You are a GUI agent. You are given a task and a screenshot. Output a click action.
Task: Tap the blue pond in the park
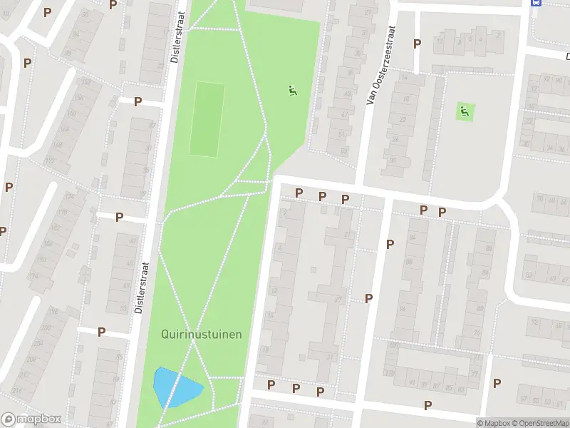pyautogui.click(x=176, y=388)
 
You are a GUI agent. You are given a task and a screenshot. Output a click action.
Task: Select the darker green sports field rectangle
pyautogui.click(x=207, y=119)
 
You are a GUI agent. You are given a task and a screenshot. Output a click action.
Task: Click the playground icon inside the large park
pyautogui.click(x=291, y=91)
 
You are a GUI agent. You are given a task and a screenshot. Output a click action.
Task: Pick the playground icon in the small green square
pyautogui.click(x=465, y=111)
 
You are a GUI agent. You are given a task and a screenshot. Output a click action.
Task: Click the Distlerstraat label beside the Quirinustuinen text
pyautogui.click(x=140, y=285)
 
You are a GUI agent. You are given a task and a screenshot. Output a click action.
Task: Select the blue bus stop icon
pyautogui.click(x=536, y=3)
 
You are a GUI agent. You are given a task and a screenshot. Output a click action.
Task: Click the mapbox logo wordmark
pyautogui.click(x=31, y=419)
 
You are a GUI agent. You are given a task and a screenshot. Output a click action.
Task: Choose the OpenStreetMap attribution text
pyautogui.click(x=539, y=423)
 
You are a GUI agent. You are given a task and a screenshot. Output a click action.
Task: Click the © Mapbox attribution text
pyautogui.click(x=494, y=423)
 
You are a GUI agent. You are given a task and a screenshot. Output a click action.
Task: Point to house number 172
pyautogui.click(x=49, y=161)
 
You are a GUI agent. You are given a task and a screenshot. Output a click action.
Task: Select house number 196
pyautogui.click(x=53, y=311)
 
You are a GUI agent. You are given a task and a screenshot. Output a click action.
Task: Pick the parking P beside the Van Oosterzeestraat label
pyautogui.click(x=417, y=44)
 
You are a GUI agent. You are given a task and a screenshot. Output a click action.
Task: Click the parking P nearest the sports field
pyautogui.click(x=138, y=101)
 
